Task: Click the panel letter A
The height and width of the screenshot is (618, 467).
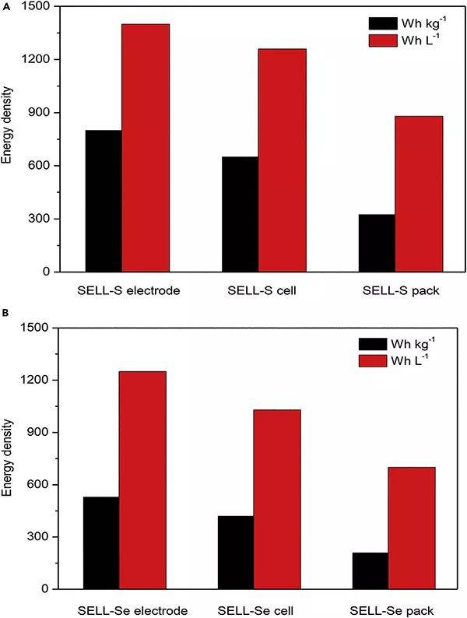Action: tap(5, 5)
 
